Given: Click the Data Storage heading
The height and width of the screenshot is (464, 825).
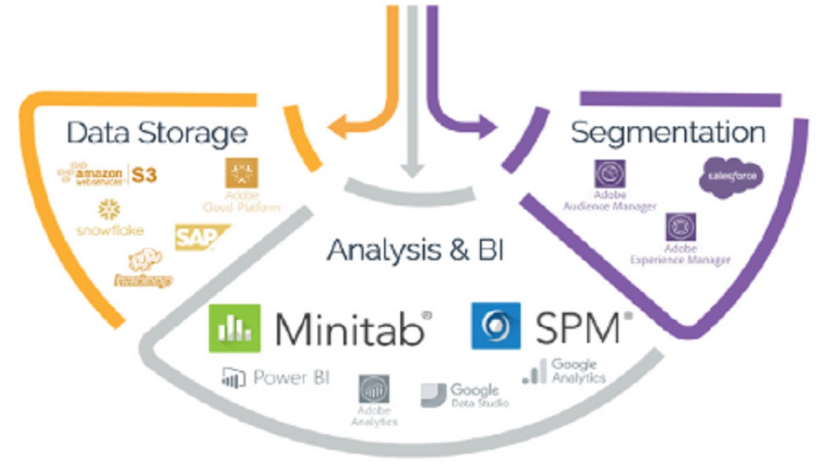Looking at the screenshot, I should click(157, 133).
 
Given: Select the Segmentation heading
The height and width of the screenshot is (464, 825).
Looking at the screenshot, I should click(668, 132).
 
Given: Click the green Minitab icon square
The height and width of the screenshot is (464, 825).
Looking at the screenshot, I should click(235, 328).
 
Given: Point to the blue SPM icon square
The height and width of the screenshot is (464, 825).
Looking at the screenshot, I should click(496, 326).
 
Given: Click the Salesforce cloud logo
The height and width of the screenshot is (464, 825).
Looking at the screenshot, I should click(731, 176).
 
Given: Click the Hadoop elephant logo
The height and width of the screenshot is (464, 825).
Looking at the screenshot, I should click(143, 261).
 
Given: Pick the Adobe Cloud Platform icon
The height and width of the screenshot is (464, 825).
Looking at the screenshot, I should click(241, 173).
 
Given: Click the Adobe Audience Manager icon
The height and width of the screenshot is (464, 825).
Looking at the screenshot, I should click(609, 174).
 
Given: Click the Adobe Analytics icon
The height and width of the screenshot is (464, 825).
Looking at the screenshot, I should click(374, 389).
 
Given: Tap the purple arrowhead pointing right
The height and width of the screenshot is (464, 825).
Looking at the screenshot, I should click(489, 126).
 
